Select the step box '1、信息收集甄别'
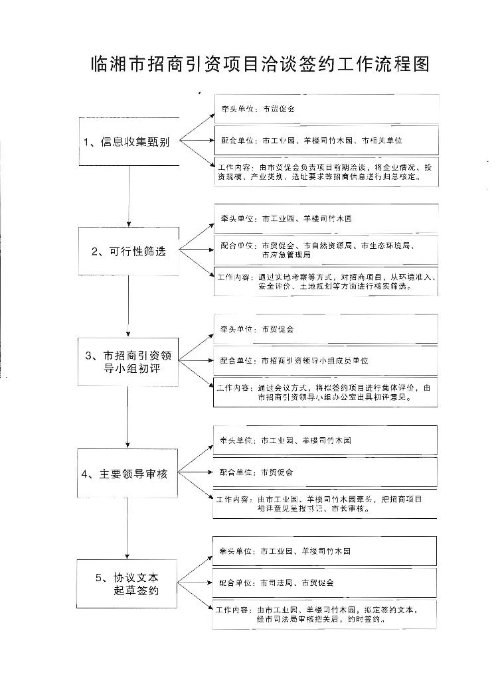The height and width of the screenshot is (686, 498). click(129, 141)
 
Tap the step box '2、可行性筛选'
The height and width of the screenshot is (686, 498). click(129, 251)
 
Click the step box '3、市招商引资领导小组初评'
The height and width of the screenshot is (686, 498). click(129, 362)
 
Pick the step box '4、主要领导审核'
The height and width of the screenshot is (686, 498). click(129, 474)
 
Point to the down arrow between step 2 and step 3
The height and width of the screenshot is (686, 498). click(129, 305)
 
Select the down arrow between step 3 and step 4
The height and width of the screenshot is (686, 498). click(129, 418)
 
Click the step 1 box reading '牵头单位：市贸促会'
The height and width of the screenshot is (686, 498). click(325, 109)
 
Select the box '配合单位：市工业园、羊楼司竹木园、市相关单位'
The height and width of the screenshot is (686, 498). click(325, 141)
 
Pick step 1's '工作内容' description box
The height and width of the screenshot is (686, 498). click(325, 172)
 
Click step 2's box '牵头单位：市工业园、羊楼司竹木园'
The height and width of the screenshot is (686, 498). click(325, 218)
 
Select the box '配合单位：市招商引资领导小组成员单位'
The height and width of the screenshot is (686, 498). click(325, 360)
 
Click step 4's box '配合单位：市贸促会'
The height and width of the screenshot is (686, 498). click(325, 472)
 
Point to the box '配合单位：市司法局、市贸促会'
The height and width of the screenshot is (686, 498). click(325, 583)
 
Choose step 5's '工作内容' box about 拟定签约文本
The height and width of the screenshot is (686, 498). click(325, 614)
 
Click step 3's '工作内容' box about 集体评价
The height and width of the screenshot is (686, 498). click(325, 392)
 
